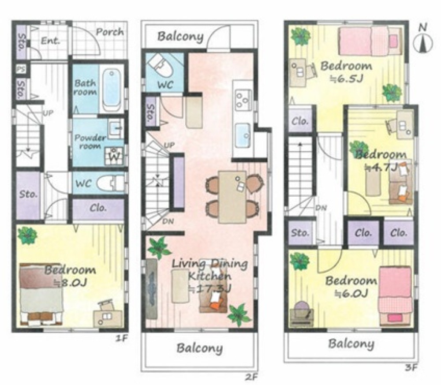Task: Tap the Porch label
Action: (x=110, y=32)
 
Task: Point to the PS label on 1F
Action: (x=20, y=70)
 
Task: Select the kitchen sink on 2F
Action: (x=243, y=135)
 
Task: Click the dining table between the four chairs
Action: (x=232, y=197)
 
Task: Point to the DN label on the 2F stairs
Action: (x=168, y=222)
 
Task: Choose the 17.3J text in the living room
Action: (x=209, y=288)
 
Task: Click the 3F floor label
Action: (x=411, y=367)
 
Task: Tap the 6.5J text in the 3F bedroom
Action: (x=346, y=78)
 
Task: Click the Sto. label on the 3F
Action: (x=300, y=233)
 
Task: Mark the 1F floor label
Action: (x=122, y=338)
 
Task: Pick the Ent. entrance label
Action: (x=51, y=41)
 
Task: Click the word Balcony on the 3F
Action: (x=351, y=344)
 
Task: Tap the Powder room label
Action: (x=90, y=142)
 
